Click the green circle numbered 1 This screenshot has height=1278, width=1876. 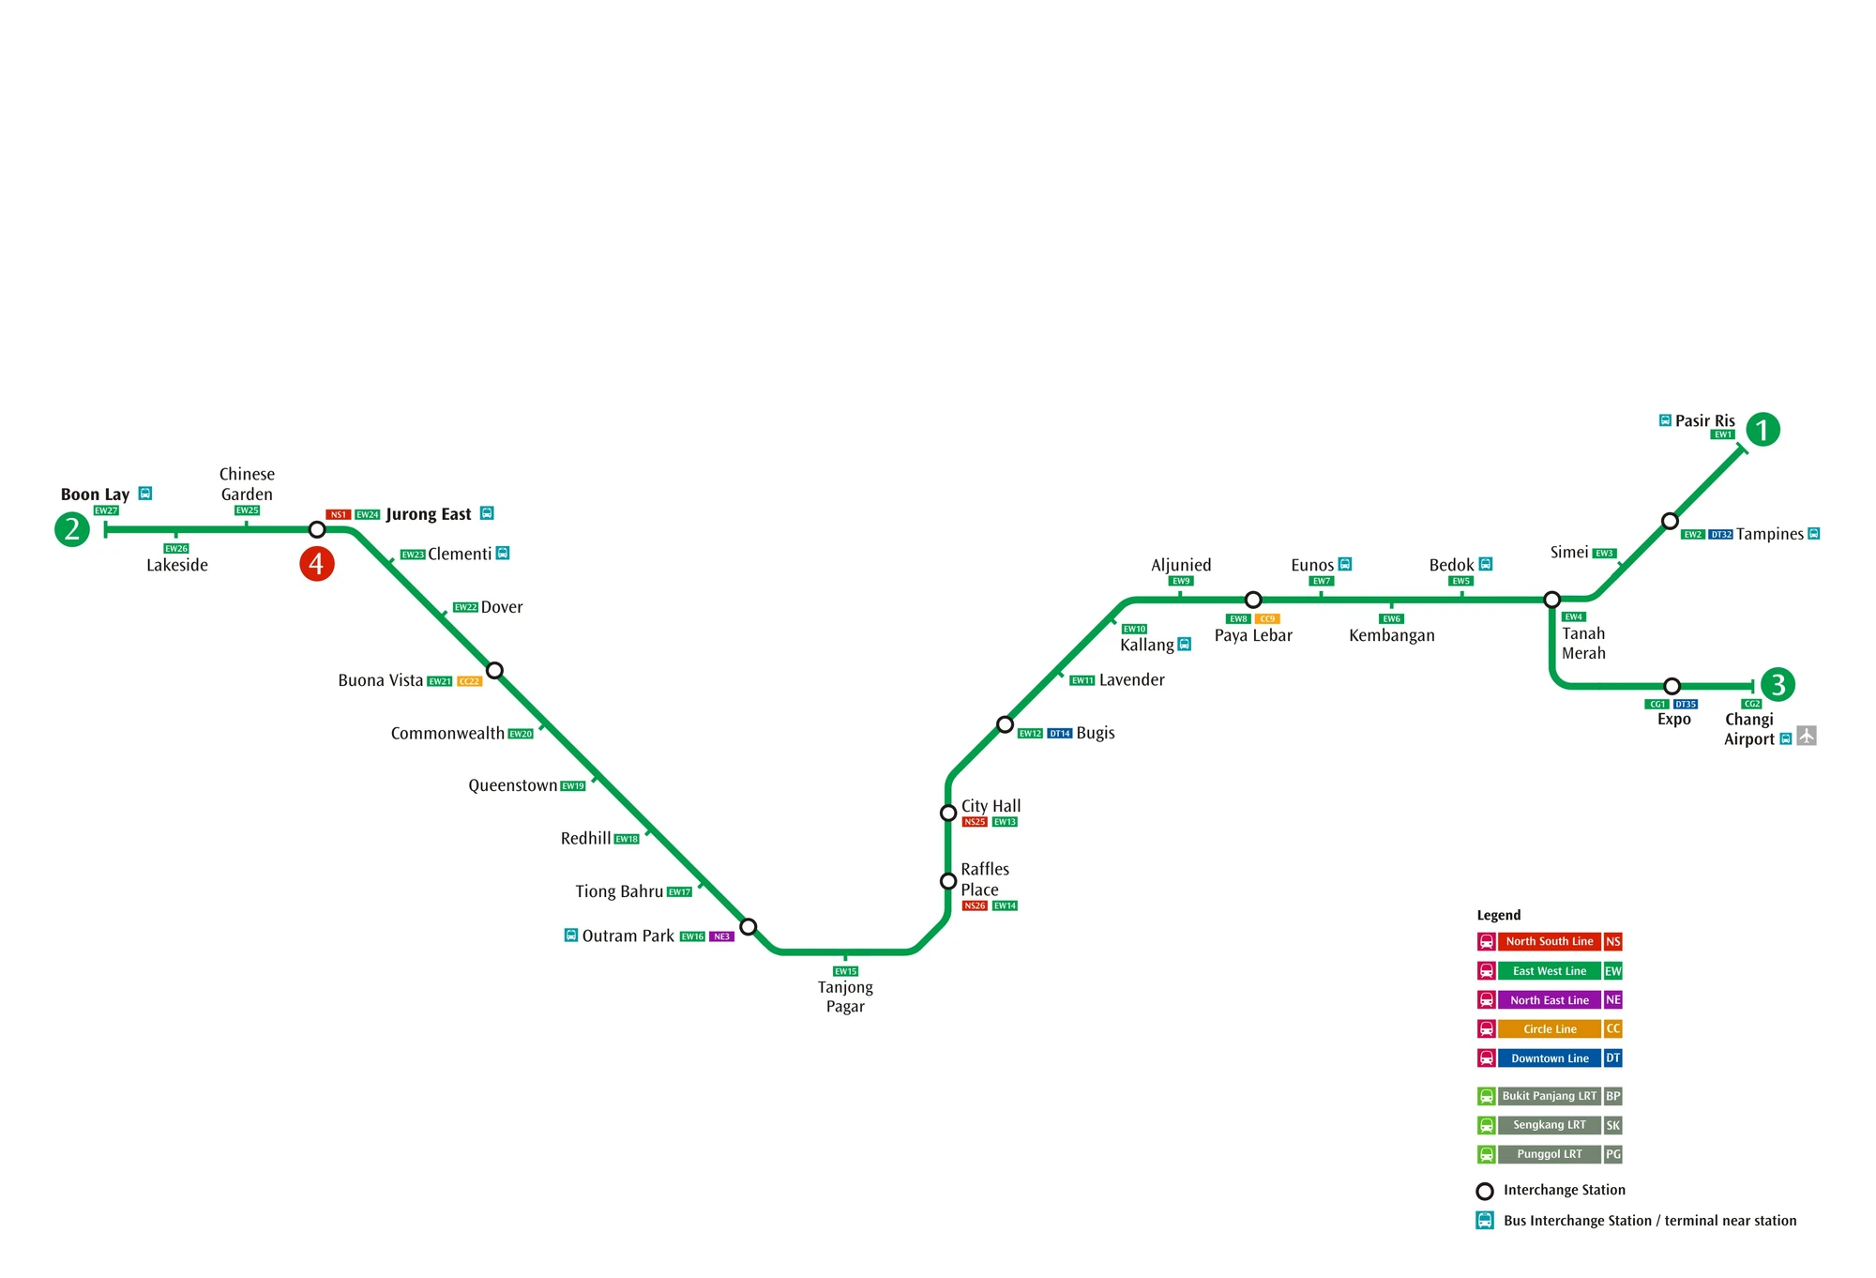click(x=1763, y=430)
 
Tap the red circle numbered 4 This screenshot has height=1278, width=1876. click(x=317, y=564)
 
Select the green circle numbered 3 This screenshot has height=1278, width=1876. click(x=1778, y=684)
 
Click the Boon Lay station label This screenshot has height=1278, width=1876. click(x=95, y=494)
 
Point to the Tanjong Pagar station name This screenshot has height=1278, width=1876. click(x=845, y=997)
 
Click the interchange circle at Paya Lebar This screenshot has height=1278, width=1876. click(x=1253, y=600)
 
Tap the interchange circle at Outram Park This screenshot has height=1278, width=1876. click(x=748, y=927)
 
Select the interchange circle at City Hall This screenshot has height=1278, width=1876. click(x=948, y=813)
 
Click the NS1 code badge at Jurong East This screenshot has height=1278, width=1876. click(x=339, y=514)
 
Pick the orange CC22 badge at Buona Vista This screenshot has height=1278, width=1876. click(x=469, y=681)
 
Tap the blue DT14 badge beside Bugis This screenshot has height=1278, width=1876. click(x=1060, y=734)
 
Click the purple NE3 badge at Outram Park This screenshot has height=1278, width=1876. click(x=721, y=936)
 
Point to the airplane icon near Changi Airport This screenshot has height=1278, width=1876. click(x=1807, y=737)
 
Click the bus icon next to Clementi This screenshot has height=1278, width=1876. click(x=503, y=554)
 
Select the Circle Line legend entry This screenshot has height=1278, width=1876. click(x=1550, y=1029)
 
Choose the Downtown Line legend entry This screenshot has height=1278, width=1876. click(x=1550, y=1058)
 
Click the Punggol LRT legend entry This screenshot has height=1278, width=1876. click(x=1550, y=1154)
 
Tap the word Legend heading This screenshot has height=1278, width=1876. click(x=1499, y=915)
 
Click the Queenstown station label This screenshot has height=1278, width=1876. click(x=512, y=785)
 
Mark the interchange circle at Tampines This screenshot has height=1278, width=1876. click(x=1670, y=521)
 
